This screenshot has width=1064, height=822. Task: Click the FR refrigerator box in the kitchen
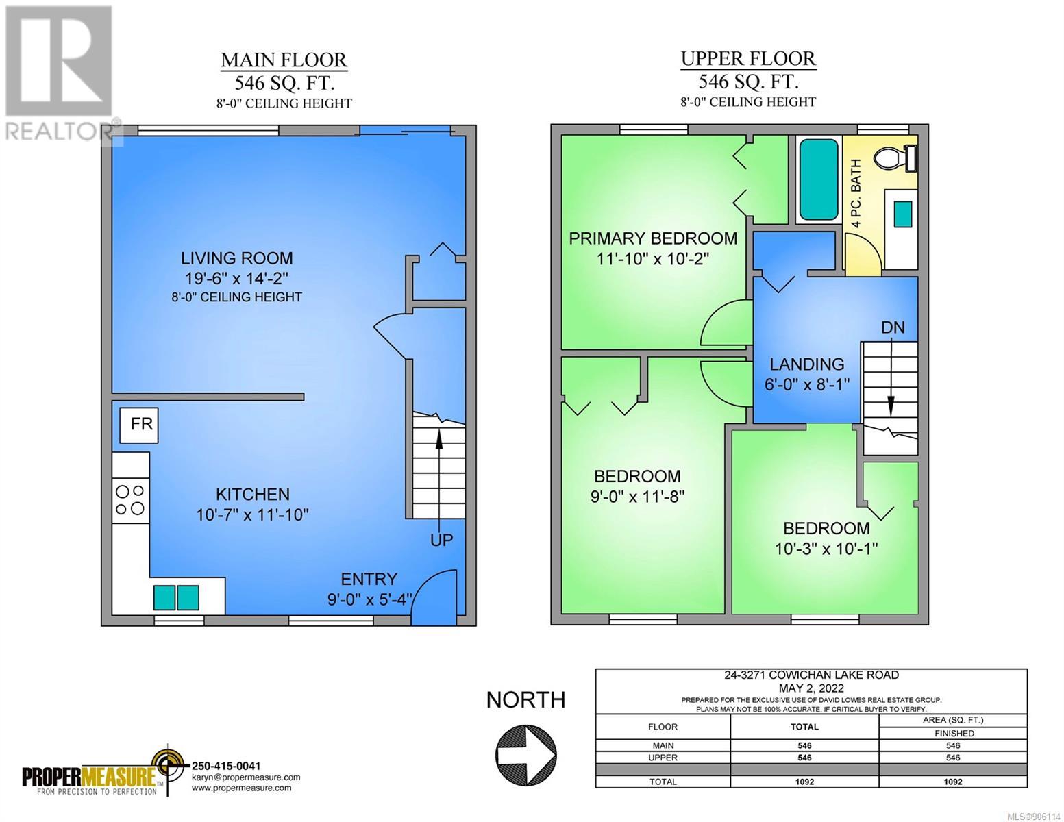pyautogui.click(x=139, y=425)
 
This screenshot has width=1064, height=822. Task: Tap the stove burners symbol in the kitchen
pyautogui.click(x=130, y=500)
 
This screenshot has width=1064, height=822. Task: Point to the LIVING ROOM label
pyautogui.click(x=237, y=258)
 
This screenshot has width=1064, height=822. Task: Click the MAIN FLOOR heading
pyautogui.click(x=284, y=60)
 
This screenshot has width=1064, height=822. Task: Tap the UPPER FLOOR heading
pyautogui.click(x=747, y=59)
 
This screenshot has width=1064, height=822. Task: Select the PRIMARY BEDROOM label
pyautogui.click(x=653, y=238)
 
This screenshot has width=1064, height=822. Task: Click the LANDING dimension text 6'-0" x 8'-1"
pyautogui.click(x=807, y=384)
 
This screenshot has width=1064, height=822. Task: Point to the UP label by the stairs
pyautogui.click(x=441, y=540)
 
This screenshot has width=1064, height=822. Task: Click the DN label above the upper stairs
pyautogui.click(x=893, y=327)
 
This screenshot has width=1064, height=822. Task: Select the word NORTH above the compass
pyautogui.click(x=526, y=700)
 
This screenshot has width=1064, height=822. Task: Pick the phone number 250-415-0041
pyautogui.click(x=226, y=766)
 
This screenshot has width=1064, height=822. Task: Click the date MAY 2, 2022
pyautogui.click(x=811, y=688)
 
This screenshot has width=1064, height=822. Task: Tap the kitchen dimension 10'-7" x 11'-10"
pyautogui.click(x=252, y=514)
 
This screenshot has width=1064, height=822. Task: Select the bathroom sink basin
pyautogui.click(x=903, y=214)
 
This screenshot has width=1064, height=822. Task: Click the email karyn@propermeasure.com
pyautogui.click(x=246, y=777)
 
